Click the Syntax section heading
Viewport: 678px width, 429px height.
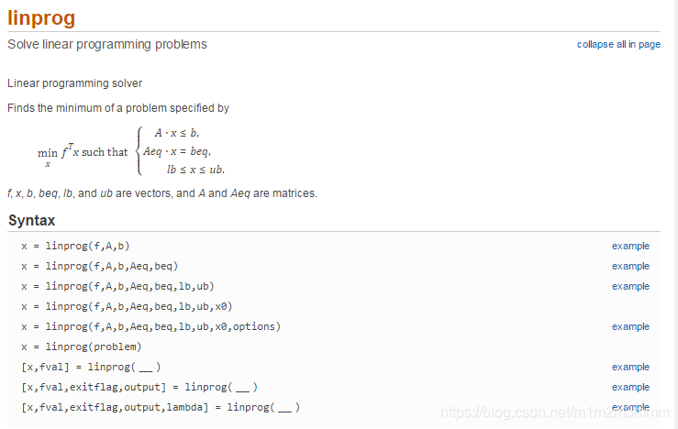tap(31, 220)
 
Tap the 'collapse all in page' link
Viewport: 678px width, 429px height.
tap(618, 44)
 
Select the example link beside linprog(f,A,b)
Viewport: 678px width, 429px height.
tap(630, 246)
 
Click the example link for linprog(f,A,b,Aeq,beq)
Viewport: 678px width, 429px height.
tap(630, 266)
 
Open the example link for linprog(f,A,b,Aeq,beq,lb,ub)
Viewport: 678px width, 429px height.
tap(630, 286)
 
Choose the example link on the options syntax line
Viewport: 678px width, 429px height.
tap(630, 326)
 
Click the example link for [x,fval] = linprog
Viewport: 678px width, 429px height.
tap(630, 367)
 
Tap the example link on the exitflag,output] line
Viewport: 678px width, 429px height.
tap(630, 387)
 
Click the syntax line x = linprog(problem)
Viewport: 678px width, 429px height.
tap(81, 346)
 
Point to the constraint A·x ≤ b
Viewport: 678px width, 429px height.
tap(176, 133)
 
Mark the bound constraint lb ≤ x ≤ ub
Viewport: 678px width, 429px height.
tap(195, 170)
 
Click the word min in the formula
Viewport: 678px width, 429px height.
tap(47, 153)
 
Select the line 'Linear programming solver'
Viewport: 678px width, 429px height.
tap(74, 83)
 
